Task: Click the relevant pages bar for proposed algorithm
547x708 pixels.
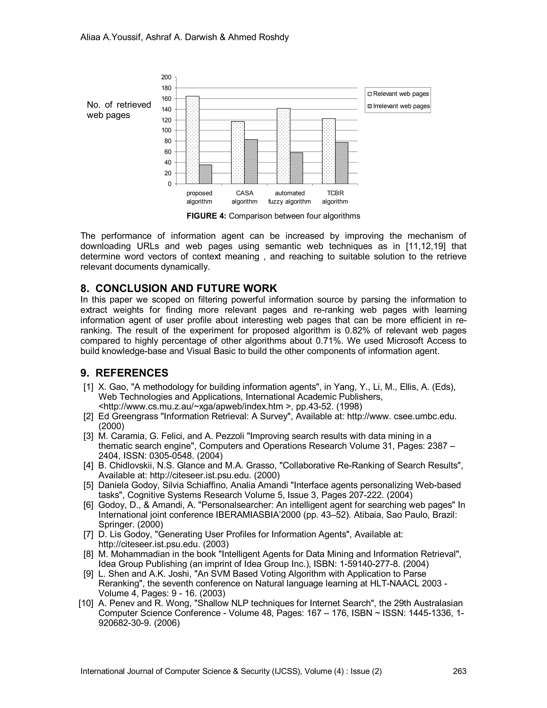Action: pyautogui.click(x=193, y=140)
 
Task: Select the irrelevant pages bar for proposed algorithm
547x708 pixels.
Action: pyautogui.click(x=205, y=174)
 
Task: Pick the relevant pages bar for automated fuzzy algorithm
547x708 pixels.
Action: pyautogui.click(x=284, y=146)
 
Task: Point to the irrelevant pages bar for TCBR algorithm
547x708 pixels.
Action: pyautogui.click(x=342, y=163)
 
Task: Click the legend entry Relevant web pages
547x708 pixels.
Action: pyautogui.click(x=398, y=94)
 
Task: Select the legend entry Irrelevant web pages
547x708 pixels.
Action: pyautogui.click(x=398, y=106)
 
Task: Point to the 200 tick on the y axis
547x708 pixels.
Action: pyautogui.click(x=166, y=77)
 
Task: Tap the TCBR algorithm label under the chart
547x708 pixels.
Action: pyautogui.click(x=335, y=197)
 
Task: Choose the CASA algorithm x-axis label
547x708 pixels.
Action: pyautogui.click(x=244, y=197)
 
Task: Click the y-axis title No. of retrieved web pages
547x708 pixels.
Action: pyautogui.click(x=119, y=110)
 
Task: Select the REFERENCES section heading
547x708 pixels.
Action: pyautogui.click(x=132, y=373)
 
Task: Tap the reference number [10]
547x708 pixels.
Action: pyautogui.click(x=86, y=603)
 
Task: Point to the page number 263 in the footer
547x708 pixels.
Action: pyautogui.click(x=459, y=671)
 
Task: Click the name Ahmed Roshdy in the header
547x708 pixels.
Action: pyautogui.click(x=258, y=37)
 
